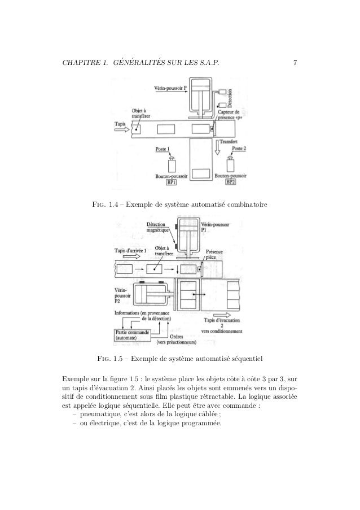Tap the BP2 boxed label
point(231,182)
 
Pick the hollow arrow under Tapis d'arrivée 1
point(124,258)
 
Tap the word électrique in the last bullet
point(103,424)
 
